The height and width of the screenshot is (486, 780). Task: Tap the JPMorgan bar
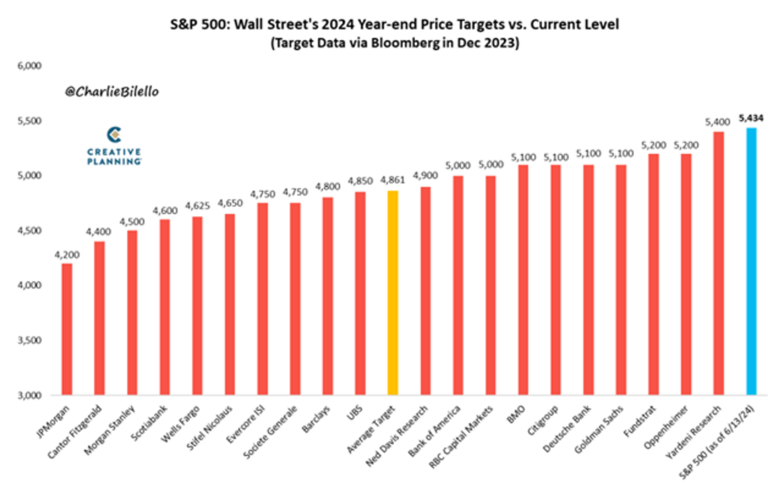point(67,329)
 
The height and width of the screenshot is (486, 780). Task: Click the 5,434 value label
point(750,118)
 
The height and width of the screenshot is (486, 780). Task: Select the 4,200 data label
point(67,253)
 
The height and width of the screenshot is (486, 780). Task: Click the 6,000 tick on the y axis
point(31,66)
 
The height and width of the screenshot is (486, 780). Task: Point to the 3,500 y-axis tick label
point(31,341)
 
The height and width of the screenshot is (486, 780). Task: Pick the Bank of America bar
point(458,286)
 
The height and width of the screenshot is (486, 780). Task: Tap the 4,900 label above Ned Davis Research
point(425,177)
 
